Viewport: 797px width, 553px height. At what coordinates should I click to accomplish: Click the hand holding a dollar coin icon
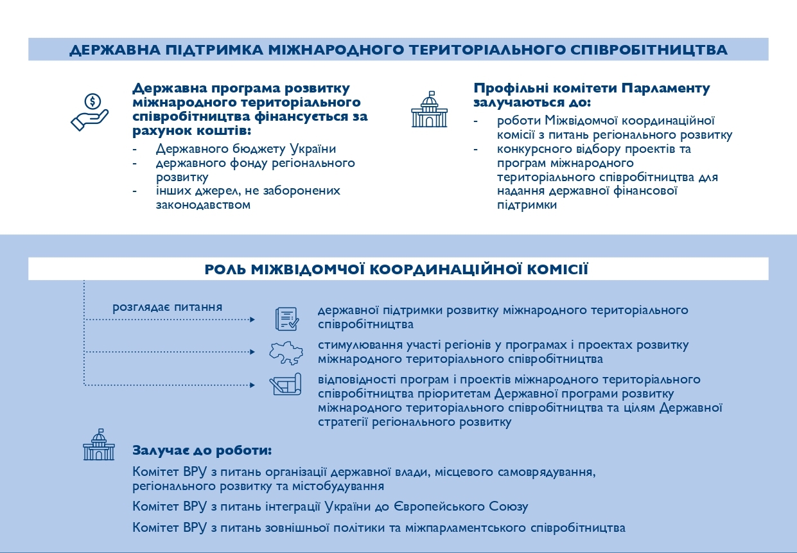pyautogui.click(x=90, y=112)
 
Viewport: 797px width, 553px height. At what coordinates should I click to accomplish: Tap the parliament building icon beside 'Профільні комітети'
pyautogui.click(x=428, y=109)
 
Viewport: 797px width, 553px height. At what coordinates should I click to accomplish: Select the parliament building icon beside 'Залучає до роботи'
pyautogui.click(x=98, y=444)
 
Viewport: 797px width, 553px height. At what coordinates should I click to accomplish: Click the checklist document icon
pyautogui.click(x=286, y=318)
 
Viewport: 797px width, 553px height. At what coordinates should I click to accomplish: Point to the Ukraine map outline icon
pyautogui.click(x=286, y=352)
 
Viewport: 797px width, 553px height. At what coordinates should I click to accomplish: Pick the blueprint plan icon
pyautogui.click(x=286, y=384)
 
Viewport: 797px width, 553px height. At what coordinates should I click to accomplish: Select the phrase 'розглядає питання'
pyautogui.click(x=168, y=307)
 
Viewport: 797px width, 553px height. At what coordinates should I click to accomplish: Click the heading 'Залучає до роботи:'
pyautogui.click(x=202, y=450)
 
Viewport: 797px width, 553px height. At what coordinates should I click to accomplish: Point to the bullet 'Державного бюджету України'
pyautogui.click(x=246, y=149)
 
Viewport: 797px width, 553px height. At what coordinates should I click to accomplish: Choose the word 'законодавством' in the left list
pyautogui.click(x=203, y=205)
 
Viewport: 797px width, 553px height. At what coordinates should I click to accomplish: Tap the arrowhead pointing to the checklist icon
pyautogui.click(x=252, y=319)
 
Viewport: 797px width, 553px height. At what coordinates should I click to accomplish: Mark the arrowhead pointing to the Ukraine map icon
pyautogui.click(x=252, y=352)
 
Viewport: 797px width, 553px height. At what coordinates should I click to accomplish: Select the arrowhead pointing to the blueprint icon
pyautogui.click(x=252, y=385)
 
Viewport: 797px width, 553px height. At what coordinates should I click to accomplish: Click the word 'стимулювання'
pyautogui.click(x=356, y=345)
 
